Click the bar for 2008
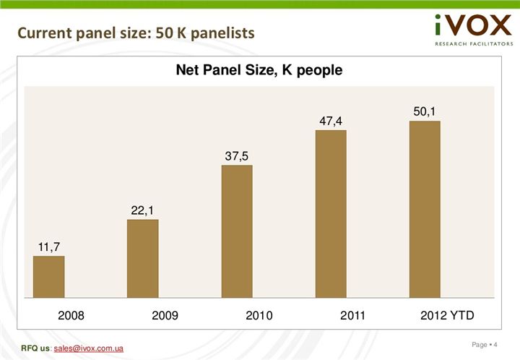click(x=49, y=276)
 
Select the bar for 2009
click(x=143, y=258)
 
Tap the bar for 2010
click(x=237, y=231)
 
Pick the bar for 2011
click(x=331, y=213)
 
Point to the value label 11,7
click(x=49, y=247)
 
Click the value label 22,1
click(x=143, y=210)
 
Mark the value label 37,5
click(x=237, y=156)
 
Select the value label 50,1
click(x=425, y=111)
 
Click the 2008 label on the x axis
click(x=71, y=316)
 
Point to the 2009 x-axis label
click(x=165, y=316)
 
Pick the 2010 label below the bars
click(x=259, y=316)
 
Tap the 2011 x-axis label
click(x=353, y=316)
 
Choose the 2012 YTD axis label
click(x=447, y=316)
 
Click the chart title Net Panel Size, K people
click(x=259, y=71)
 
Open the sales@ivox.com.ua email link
click(x=88, y=349)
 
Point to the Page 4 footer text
click(x=485, y=343)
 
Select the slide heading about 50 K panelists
click(x=136, y=33)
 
